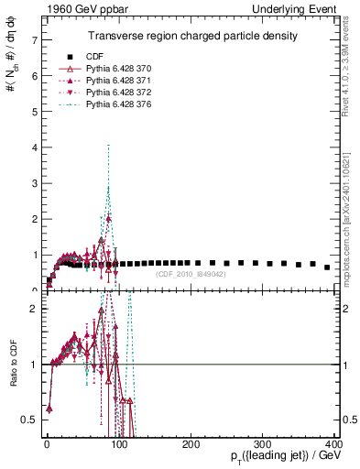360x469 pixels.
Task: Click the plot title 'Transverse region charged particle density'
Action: tap(191, 36)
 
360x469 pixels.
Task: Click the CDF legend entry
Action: tap(82, 56)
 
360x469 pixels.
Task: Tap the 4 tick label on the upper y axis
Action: tap(34, 147)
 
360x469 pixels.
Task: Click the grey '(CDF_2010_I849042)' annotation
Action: tap(191, 274)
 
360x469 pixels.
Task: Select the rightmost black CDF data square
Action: tap(327, 267)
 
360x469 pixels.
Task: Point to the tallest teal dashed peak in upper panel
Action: tap(108, 145)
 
